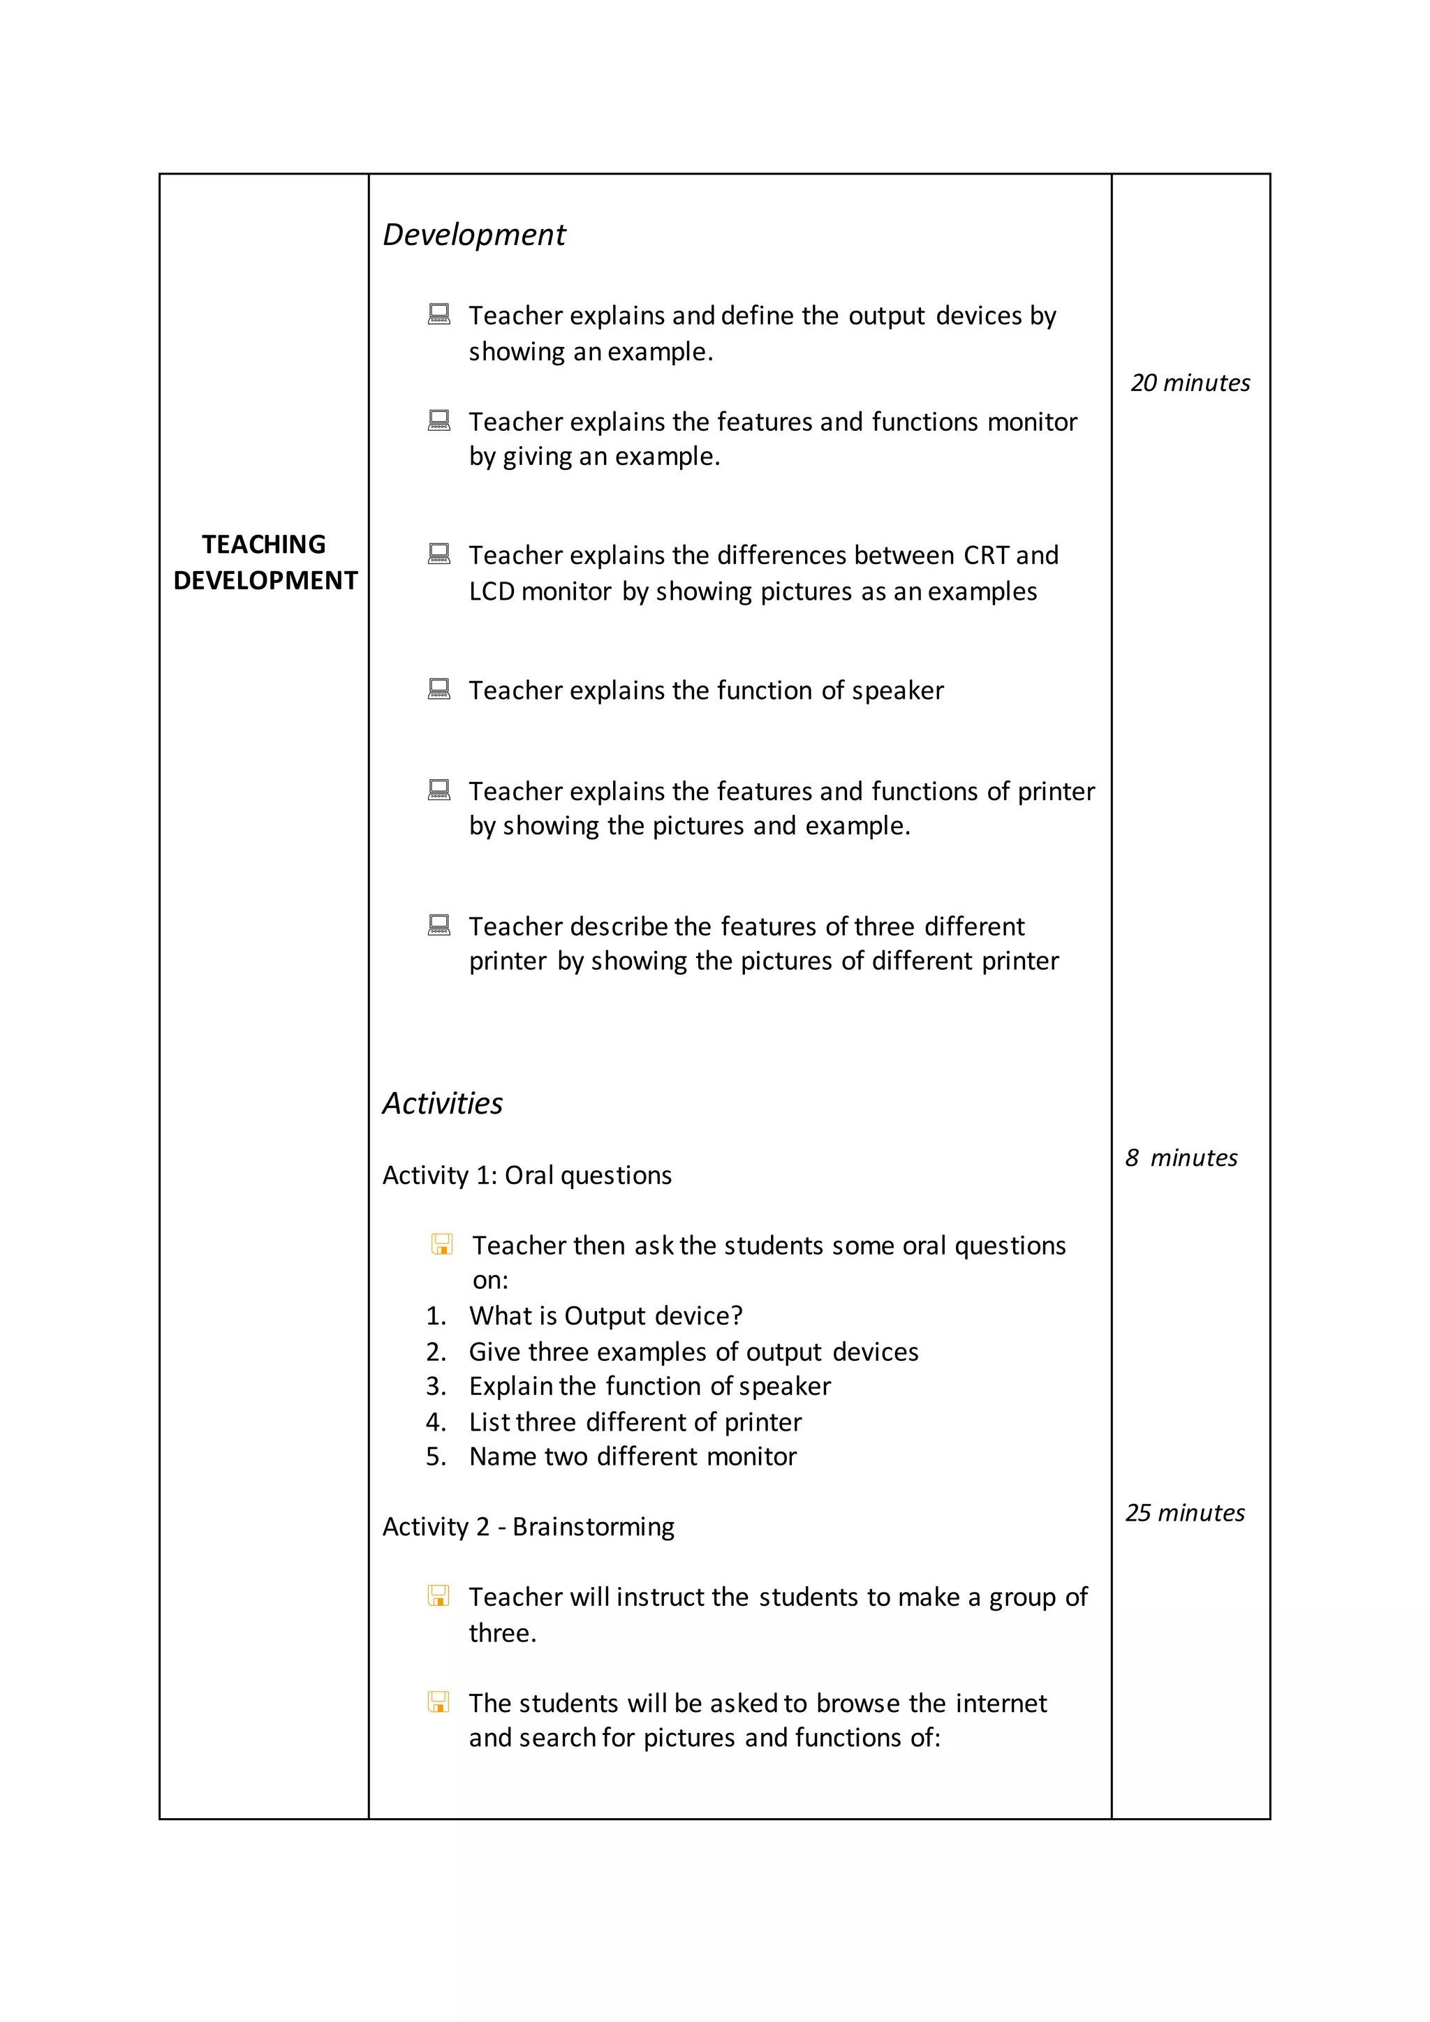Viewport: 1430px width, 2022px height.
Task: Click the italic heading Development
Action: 473,235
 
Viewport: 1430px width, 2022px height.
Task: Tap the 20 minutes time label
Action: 1190,383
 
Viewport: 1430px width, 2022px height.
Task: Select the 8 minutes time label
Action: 1181,1158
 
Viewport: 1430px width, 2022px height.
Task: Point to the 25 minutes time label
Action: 1184,1513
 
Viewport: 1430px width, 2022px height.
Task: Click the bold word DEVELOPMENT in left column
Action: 265,580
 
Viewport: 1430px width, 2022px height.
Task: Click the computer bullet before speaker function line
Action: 438,688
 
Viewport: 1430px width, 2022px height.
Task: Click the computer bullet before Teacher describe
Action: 438,924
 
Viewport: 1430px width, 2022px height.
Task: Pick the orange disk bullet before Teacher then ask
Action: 442,1244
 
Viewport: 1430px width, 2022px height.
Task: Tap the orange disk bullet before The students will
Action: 438,1702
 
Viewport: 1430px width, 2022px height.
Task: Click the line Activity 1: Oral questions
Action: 526,1176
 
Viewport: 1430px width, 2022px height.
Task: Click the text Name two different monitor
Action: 632,1456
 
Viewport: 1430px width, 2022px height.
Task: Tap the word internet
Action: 1001,1703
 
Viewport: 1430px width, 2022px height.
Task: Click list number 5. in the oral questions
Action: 436,1456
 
